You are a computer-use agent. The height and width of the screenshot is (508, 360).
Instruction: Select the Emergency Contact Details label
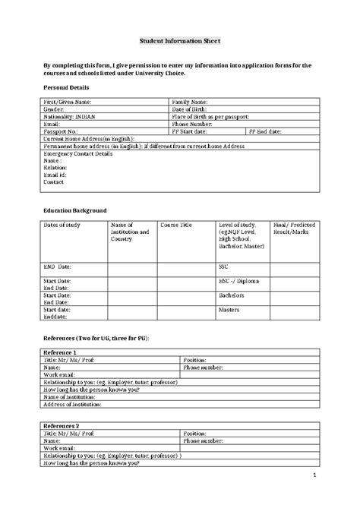click(x=78, y=153)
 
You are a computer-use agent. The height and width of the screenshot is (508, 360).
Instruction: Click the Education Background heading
click(x=74, y=210)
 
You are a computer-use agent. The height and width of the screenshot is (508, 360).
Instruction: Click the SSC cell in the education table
click(x=224, y=267)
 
